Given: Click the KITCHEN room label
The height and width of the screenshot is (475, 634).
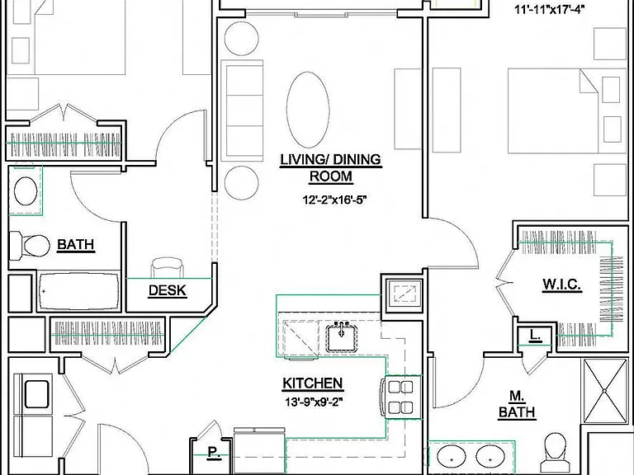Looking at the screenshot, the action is [x=313, y=383].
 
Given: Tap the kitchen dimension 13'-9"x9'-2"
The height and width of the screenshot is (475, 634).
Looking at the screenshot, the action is [x=312, y=402].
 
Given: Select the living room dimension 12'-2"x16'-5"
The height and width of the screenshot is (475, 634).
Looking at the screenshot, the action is [x=335, y=200].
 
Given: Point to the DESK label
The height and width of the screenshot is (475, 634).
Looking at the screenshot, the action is [x=168, y=290].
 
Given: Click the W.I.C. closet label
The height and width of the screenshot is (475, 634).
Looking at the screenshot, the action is [x=562, y=285].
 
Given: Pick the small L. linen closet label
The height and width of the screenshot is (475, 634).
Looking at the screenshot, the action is [x=535, y=336].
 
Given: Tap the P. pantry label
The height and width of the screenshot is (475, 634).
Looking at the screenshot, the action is [x=214, y=452].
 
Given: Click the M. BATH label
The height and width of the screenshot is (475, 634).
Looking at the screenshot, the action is [x=517, y=405].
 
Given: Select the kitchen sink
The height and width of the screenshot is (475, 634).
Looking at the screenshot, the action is [x=342, y=336].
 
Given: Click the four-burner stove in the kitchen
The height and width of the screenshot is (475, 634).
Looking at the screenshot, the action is [x=400, y=397].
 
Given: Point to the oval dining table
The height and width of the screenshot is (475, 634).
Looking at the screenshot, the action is [x=308, y=110].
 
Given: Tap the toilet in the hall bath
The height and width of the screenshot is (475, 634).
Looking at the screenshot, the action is [x=29, y=245].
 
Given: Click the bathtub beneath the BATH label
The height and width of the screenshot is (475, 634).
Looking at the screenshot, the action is [x=79, y=291].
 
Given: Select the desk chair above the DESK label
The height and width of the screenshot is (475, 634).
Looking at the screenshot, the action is [x=167, y=267].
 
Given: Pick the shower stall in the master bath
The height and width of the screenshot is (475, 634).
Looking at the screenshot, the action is [x=604, y=391].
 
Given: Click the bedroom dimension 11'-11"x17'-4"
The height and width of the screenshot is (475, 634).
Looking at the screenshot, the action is [x=550, y=10].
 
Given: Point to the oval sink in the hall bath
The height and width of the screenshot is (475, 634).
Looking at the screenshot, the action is [x=26, y=190].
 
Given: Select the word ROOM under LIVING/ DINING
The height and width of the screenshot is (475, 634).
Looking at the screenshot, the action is [x=331, y=176].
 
